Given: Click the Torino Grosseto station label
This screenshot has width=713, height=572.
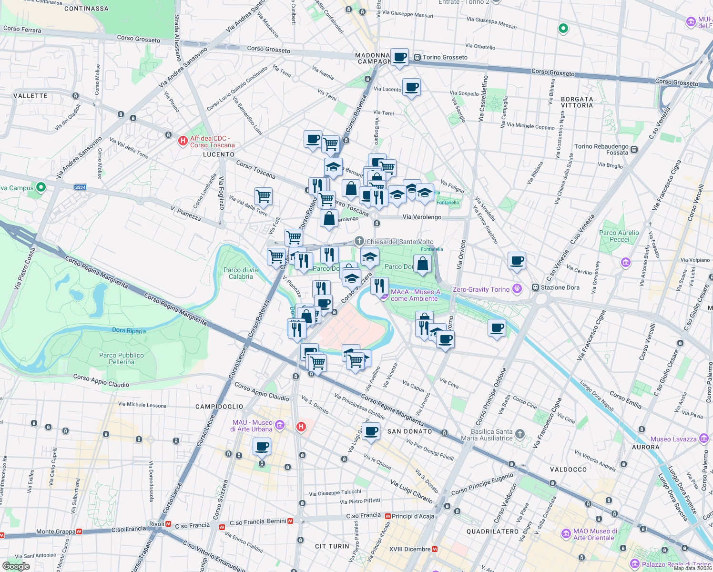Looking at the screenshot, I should point(445,57).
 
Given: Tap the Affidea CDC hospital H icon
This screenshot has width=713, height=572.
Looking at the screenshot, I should point(183,141).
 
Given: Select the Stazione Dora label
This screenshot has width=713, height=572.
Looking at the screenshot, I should point(560,287).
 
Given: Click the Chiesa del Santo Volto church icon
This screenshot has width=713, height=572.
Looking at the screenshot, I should point(359,242).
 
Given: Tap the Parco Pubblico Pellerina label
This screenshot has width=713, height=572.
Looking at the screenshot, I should point(122,358).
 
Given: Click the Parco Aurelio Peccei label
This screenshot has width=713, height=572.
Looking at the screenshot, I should point(619,236).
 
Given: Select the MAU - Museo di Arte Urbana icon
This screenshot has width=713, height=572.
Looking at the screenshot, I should point(280,425).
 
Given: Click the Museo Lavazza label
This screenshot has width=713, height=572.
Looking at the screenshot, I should point(673,439).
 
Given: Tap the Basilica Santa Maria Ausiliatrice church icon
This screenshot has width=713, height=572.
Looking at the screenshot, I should point(520,434).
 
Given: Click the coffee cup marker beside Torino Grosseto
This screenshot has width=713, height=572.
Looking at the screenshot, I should point(399,57).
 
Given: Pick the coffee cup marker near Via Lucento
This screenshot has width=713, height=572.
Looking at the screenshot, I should point(411,87).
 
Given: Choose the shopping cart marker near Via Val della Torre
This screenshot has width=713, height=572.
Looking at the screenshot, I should point(263,195).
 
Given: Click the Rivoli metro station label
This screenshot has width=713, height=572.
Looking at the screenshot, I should point(157,524).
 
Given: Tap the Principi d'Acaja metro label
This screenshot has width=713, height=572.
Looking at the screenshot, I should point(413,516).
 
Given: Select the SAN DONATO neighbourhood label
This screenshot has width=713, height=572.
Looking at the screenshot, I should point(409,431).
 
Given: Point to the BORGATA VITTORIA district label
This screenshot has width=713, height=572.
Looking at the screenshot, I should point(577,102).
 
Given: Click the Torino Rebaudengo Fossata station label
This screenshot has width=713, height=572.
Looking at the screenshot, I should point(601,150).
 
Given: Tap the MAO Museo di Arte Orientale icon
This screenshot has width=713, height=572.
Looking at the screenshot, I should point(566,534).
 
